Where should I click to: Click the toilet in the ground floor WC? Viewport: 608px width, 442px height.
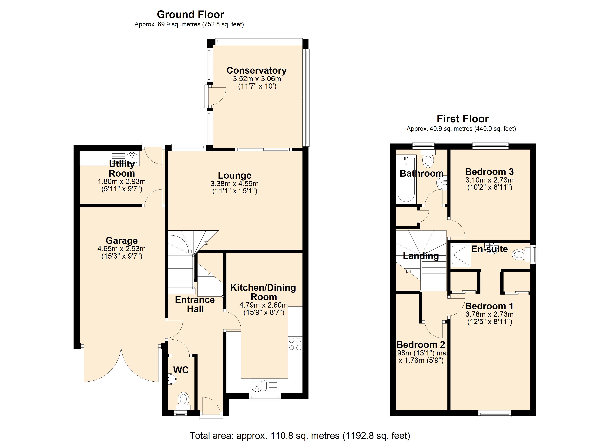point(183,400)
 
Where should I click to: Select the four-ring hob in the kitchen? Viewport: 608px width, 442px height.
point(295,344)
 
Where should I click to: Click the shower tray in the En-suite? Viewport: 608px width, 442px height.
point(461,255)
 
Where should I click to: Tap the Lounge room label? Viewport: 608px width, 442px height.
point(235,175)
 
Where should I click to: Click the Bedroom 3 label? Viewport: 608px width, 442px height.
point(489,171)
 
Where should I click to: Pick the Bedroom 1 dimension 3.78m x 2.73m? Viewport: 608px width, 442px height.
point(489,314)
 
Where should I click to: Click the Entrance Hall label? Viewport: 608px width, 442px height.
point(195,304)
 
